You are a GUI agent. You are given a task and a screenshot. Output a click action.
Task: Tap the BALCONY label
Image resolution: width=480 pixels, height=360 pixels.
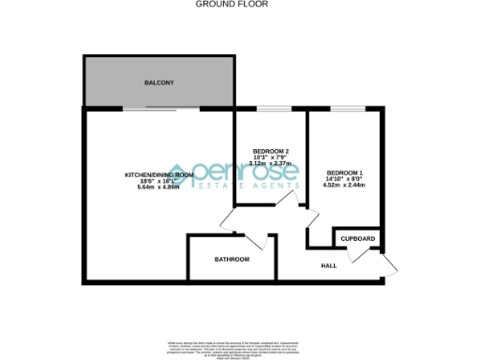(x=158, y=83)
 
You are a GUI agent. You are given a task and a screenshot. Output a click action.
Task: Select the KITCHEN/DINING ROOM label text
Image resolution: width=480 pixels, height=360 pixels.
(x=159, y=175)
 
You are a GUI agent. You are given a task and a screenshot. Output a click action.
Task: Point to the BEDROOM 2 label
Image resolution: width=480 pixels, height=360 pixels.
(x=271, y=152)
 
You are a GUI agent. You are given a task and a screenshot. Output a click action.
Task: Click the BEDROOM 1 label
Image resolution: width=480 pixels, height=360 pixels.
(x=344, y=173)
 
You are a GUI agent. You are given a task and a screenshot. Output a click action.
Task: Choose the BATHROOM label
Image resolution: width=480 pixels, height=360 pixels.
(x=232, y=259)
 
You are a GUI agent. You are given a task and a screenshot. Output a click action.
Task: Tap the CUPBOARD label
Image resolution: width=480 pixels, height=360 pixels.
(x=357, y=239)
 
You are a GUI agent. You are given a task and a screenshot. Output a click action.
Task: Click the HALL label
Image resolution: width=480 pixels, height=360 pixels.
(x=329, y=266)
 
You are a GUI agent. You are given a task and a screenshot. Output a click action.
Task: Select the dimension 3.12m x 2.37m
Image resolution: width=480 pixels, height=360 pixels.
(x=271, y=163)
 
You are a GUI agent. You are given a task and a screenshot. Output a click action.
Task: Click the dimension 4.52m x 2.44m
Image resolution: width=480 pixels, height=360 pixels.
(x=344, y=185)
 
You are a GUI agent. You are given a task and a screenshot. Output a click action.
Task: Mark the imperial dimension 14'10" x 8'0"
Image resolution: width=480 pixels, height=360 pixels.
(x=344, y=179)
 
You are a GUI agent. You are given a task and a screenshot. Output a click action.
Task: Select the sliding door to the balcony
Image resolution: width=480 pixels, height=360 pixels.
(x=160, y=109)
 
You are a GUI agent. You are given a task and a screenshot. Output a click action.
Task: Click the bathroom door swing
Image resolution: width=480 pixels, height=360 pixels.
(x=264, y=242)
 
